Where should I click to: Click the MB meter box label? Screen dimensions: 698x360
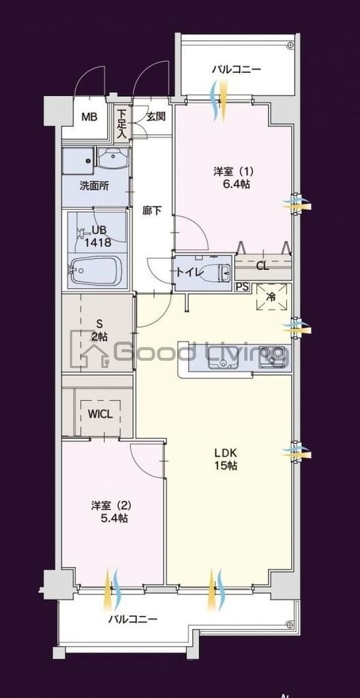pyautogui.click(x=89, y=117)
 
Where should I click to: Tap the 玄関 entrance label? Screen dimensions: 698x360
pyautogui.click(x=155, y=116)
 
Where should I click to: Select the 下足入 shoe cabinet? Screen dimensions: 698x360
pyautogui.click(x=121, y=123)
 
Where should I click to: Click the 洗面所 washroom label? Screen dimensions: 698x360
pyautogui.click(x=94, y=186)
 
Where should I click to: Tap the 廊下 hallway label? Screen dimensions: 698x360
pyautogui.click(x=152, y=210)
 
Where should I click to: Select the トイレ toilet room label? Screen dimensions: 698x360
pyautogui.click(x=188, y=271)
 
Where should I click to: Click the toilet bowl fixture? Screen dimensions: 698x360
pyautogui.click(x=222, y=272)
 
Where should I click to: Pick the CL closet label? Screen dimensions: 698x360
pyautogui.click(x=262, y=266)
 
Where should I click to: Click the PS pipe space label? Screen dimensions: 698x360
pyautogui.click(x=242, y=287)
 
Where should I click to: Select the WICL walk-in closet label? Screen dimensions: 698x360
pyautogui.click(x=100, y=413)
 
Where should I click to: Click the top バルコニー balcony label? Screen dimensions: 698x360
pyautogui.click(x=236, y=70)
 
